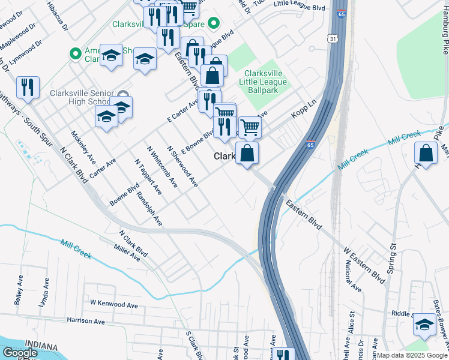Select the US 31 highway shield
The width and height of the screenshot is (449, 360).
(x=333, y=38)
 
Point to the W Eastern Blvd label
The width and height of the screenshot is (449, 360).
(x=364, y=264)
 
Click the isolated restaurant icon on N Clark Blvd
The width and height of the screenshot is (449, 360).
(x=28, y=88)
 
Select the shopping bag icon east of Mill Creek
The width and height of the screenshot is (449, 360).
(x=426, y=154)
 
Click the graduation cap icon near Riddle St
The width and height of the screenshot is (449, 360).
(x=424, y=325)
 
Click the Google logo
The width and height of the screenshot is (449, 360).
(x=20, y=353)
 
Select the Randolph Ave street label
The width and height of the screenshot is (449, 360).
(x=150, y=209)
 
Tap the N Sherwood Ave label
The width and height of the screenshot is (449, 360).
(x=182, y=166)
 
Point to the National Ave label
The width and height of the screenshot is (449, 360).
(x=354, y=278)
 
